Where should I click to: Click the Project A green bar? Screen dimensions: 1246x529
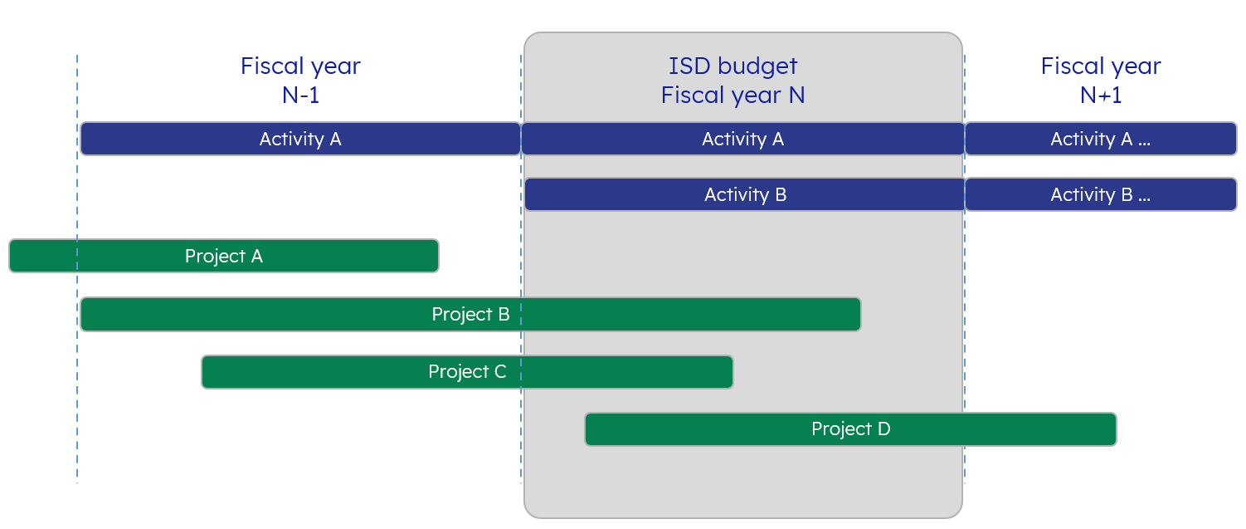pos(224,256)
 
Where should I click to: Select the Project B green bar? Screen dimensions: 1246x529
pos(470,315)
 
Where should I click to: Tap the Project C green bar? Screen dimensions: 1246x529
pos(467,372)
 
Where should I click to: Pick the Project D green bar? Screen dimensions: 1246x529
pos(850,429)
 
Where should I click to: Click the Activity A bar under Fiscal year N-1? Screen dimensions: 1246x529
pos(300,139)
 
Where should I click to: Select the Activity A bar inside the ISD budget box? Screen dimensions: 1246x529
pos(742,139)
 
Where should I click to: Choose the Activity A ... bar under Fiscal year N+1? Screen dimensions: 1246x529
pos(1101,139)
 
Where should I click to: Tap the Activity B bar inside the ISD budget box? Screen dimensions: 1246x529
pos(745,194)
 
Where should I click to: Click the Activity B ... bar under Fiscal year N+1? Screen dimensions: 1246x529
pos(1101,194)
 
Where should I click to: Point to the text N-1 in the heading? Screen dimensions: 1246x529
pos(300,96)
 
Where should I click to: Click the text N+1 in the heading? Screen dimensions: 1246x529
pos(1101,96)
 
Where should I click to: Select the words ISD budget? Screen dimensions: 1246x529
pos(733,66)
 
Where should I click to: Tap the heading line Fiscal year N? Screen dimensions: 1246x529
pos(733,96)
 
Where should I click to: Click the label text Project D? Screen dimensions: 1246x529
pos(850,429)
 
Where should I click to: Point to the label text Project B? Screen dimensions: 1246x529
pos(470,314)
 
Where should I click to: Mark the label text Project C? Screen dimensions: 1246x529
pos(467,371)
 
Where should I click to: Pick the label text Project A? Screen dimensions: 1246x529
pos(224,256)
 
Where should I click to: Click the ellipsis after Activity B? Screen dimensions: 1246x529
pos(1144,199)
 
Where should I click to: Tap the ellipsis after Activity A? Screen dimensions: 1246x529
pos(1144,144)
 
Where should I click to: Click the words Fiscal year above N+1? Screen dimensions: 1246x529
pos(1101,66)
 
